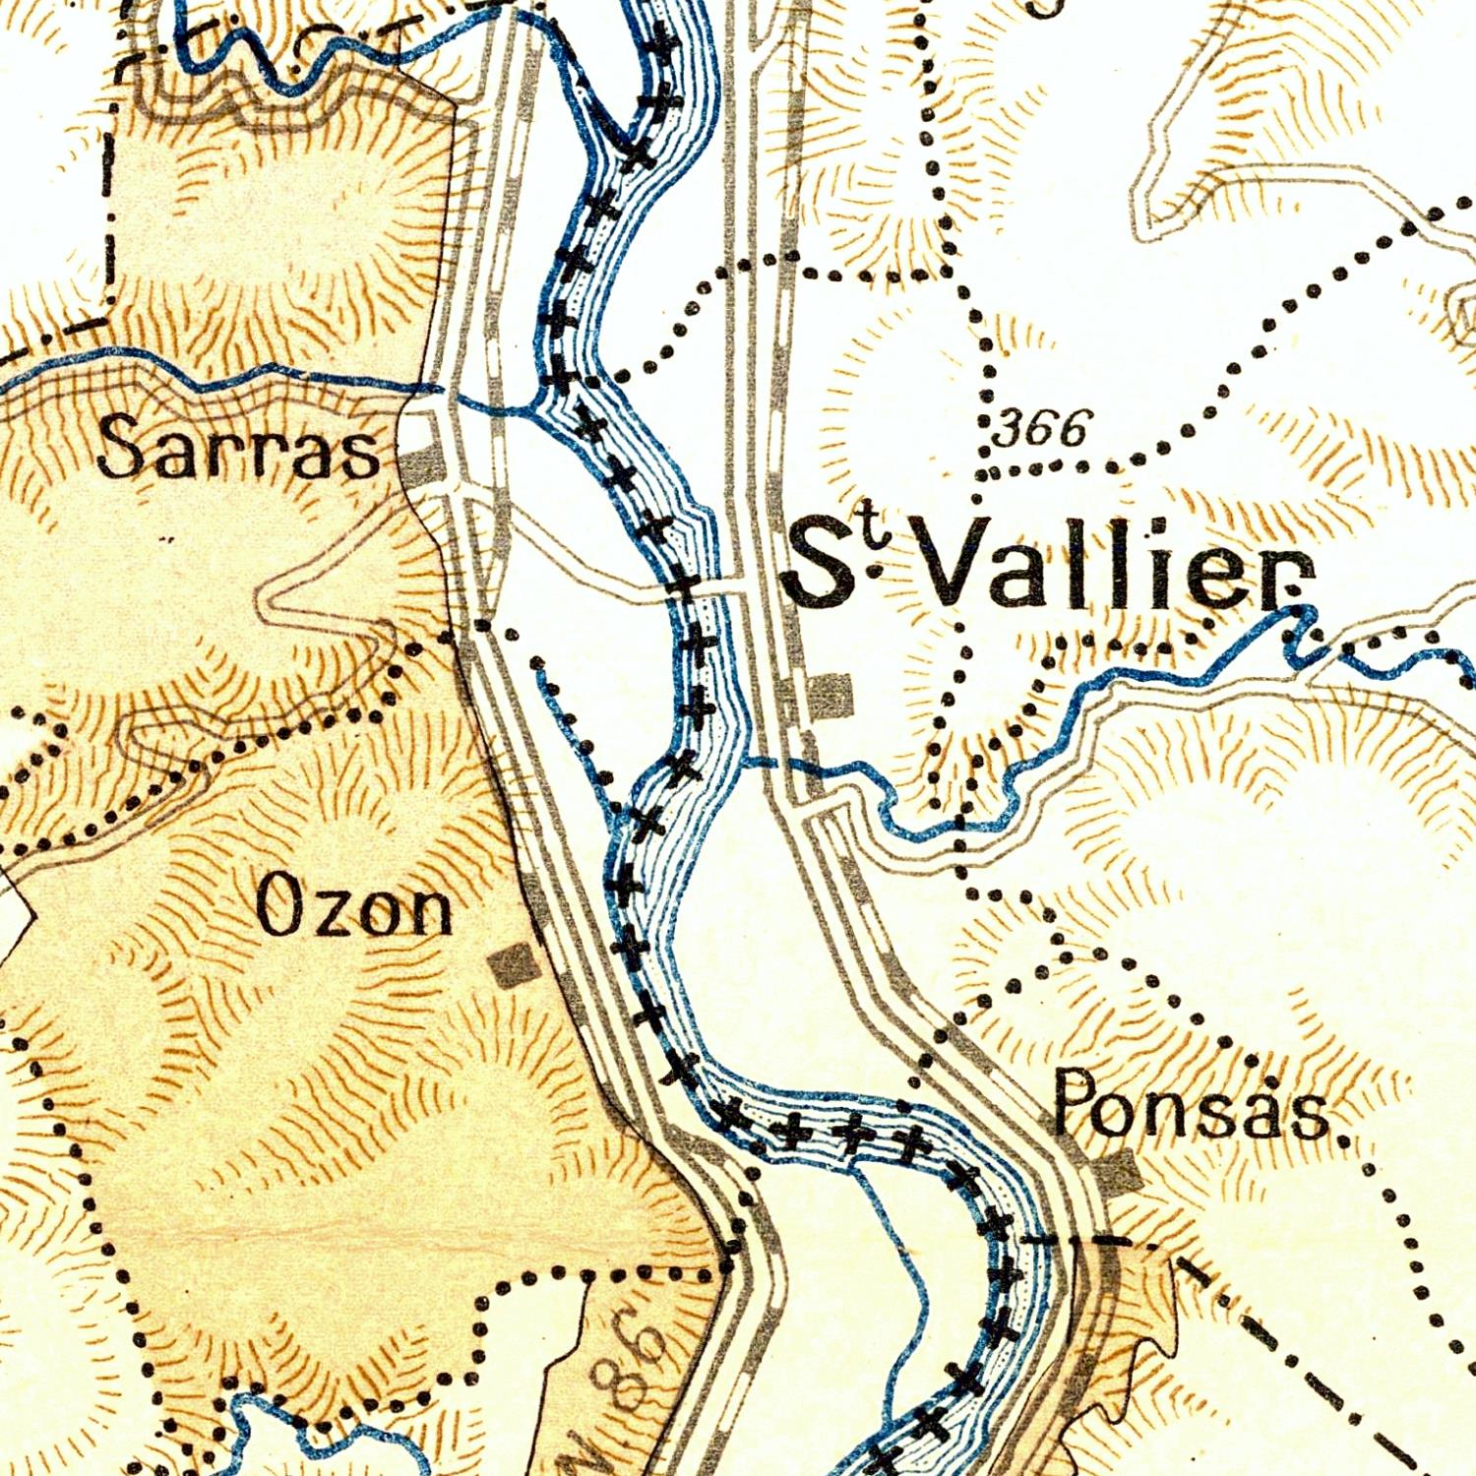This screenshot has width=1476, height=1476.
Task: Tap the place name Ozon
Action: click(354, 907)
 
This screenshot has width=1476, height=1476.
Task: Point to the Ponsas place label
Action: click(1191, 1104)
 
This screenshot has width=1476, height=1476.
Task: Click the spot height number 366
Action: click(1042, 429)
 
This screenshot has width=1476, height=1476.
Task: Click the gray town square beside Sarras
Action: click(419, 462)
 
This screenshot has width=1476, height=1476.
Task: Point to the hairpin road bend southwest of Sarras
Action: click(266, 598)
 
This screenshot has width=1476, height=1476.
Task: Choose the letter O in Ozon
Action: click(278, 905)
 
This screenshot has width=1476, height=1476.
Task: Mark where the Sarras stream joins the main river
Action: click(531, 407)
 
